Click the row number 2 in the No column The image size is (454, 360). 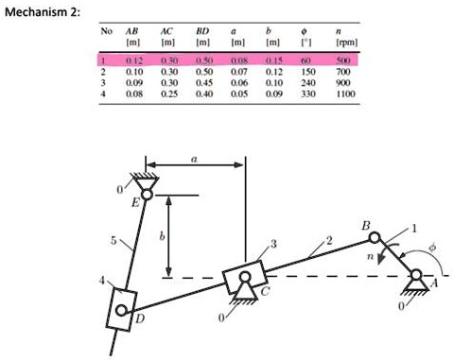(x=101, y=71)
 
